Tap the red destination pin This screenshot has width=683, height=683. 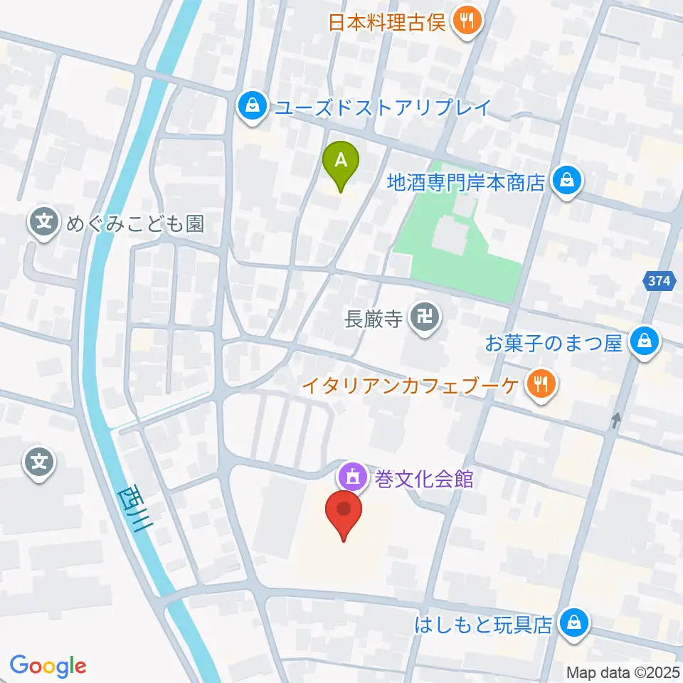click(344, 511)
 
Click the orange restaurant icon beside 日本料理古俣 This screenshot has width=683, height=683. click(467, 22)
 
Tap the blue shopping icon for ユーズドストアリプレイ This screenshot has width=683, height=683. click(251, 107)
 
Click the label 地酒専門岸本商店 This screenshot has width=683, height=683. click(465, 182)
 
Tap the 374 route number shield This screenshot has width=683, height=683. click(660, 281)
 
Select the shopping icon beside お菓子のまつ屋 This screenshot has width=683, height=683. click(645, 342)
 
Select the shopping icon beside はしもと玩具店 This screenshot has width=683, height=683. click(572, 624)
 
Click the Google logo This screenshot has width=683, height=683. click(48, 666)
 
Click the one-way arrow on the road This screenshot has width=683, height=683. click(616, 420)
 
